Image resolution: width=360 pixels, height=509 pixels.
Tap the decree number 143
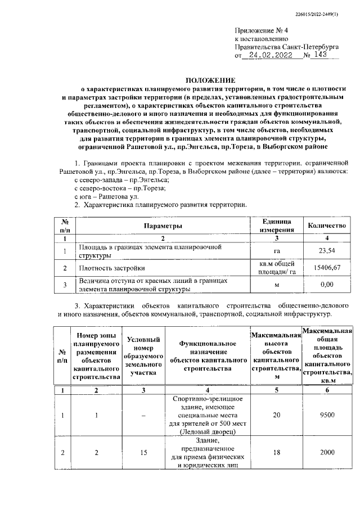coord(322,56)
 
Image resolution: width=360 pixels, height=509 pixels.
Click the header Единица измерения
coord(276,226)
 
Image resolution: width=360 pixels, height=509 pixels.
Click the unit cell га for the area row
coord(276,251)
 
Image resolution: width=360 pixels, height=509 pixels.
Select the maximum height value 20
coord(276,415)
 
